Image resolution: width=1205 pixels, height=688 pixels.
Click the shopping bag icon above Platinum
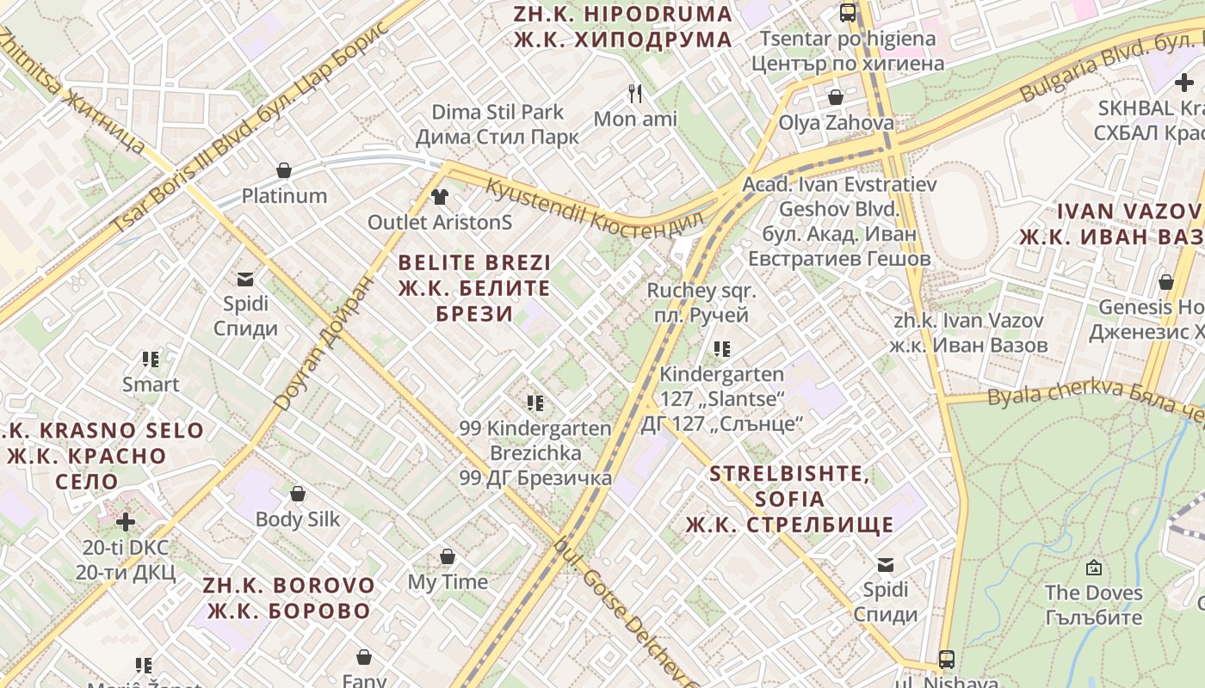click(x=284, y=170)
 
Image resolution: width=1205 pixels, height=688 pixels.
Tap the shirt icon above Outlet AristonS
click(x=440, y=197)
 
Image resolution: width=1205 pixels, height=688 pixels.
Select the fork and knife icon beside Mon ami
click(x=635, y=93)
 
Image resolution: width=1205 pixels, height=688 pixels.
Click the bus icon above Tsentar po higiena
click(x=848, y=13)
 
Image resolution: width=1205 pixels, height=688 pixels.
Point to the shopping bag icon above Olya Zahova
click(x=835, y=97)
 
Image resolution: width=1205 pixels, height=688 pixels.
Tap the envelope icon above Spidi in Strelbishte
click(x=885, y=565)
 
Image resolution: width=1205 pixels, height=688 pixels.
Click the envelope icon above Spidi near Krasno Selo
click(x=245, y=279)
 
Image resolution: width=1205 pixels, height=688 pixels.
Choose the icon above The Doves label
click(x=1093, y=568)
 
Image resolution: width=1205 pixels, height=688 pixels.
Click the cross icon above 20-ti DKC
click(x=126, y=522)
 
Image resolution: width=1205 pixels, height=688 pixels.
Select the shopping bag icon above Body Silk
click(x=297, y=494)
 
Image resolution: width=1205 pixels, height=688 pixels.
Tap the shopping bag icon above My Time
click(x=447, y=556)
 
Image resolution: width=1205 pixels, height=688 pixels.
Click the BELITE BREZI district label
click(x=474, y=288)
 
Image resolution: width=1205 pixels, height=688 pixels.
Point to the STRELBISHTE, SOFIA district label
click(x=789, y=499)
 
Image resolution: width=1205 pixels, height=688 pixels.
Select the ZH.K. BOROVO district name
click(x=289, y=599)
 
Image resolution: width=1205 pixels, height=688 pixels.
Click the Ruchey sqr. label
click(x=701, y=303)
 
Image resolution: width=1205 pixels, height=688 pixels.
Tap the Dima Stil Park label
click(x=497, y=124)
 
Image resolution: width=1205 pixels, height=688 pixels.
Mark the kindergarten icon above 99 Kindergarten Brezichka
click(x=535, y=402)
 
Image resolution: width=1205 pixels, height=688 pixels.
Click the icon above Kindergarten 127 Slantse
click(x=722, y=348)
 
